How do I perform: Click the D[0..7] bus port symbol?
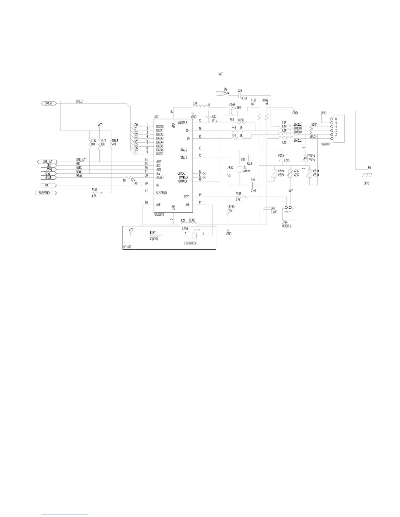tap(48, 103)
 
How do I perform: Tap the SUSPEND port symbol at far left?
tap(45, 193)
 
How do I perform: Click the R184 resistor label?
tap(94, 189)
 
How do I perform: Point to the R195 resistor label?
tap(93, 140)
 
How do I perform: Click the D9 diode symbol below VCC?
tap(221, 94)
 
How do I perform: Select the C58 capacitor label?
tap(240, 90)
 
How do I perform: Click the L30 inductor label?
tap(195, 103)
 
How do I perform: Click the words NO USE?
tap(127, 247)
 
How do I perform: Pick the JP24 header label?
tap(285, 222)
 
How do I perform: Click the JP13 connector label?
tap(324, 113)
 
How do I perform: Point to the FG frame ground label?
tap(369, 167)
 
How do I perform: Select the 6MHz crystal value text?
tap(247, 171)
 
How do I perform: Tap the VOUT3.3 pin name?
tap(183, 123)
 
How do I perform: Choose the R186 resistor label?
tap(238, 194)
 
